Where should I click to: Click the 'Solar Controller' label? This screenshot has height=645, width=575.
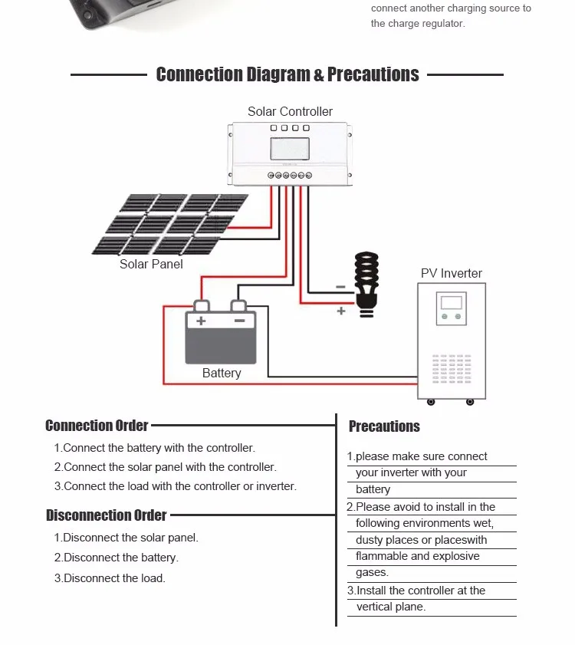coord(290,112)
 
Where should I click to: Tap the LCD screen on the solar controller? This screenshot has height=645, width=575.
coord(290,149)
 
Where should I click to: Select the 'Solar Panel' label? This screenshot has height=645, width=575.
coord(151,265)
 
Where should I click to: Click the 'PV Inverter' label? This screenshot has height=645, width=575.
coord(452,274)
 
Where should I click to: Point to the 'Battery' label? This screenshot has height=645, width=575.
coord(222,374)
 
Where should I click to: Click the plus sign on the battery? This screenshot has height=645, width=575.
coord(201,321)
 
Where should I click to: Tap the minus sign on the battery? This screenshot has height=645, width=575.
coord(239,321)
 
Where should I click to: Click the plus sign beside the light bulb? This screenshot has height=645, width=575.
coord(341,311)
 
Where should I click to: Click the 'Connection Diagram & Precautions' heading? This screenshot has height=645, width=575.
coord(287,74)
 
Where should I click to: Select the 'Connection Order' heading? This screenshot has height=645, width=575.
coord(97,426)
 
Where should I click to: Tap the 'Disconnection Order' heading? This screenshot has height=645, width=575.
coord(106,515)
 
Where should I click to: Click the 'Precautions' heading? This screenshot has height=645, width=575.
coord(384,426)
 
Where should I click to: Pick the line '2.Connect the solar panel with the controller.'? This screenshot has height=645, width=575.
coord(165,467)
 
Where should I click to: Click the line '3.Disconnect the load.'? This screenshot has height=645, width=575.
coord(110,578)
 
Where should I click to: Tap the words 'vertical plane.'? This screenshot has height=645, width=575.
coord(391,607)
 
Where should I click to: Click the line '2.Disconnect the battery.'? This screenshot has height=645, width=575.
coord(116,558)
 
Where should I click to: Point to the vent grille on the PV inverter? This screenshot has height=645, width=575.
coord(451,368)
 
